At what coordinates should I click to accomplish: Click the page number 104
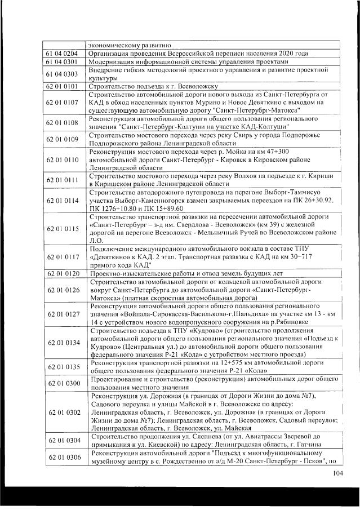pos(337,473)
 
